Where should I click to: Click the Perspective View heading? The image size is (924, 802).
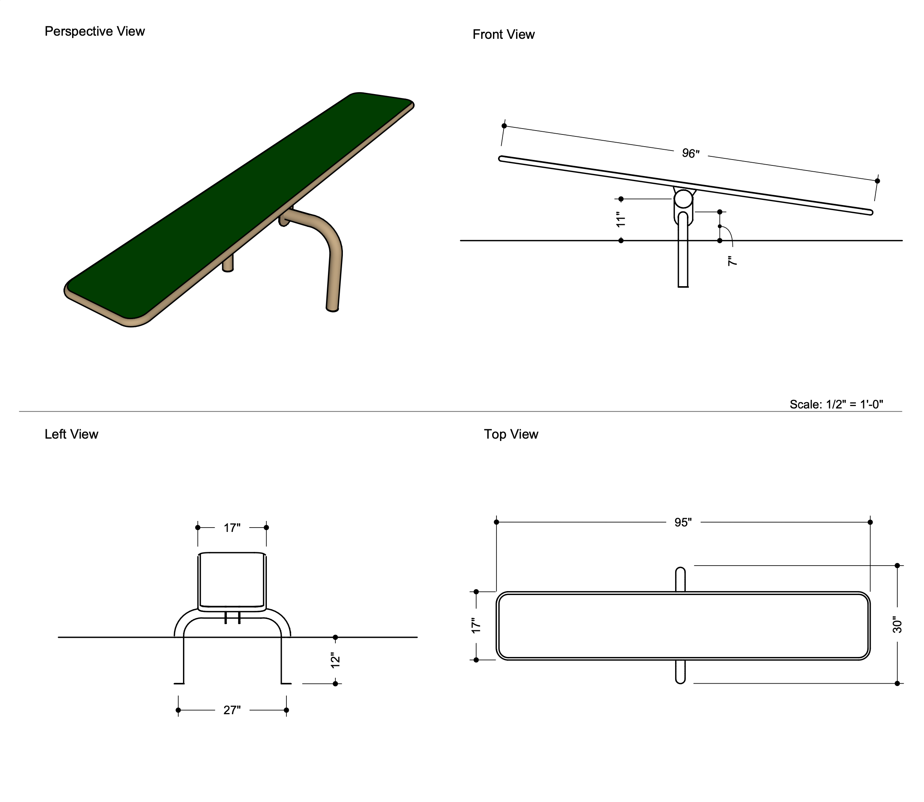tap(94, 31)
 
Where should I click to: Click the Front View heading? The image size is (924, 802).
tap(504, 34)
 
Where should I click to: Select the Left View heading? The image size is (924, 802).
tap(71, 434)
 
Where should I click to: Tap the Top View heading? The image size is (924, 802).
tap(511, 434)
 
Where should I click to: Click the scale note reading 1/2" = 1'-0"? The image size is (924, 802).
tap(836, 404)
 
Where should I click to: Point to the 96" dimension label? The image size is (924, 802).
tap(690, 154)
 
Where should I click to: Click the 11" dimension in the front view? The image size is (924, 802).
tap(620, 219)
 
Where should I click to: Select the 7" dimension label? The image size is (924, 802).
tap(732, 261)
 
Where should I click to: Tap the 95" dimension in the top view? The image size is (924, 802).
tap(683, 522)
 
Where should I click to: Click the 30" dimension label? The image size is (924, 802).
tap(897, 625)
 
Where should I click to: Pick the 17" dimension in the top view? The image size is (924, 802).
tap(476, 625)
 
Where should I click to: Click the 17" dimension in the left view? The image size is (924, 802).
tap(232, 528)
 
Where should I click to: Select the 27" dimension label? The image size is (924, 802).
tap(232, 710)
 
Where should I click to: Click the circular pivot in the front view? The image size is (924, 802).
tap(683, 199)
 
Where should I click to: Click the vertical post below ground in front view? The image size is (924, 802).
tap(683, 264)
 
